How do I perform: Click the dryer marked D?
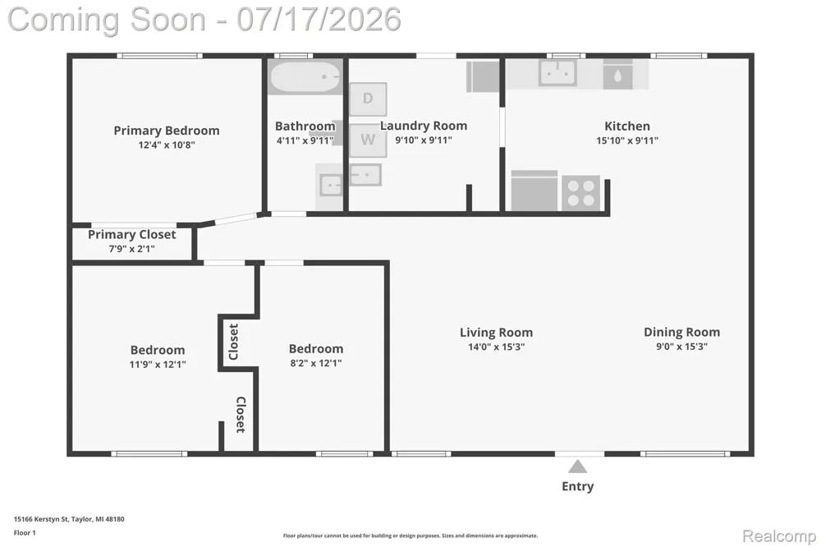coord(368,99)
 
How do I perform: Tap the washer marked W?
coord(368,140)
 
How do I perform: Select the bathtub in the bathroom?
coord(305,77)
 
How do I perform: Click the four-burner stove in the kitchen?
coord(581,193)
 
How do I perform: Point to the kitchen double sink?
coord(557,72)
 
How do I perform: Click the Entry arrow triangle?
coord(577,467)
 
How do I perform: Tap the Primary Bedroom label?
coord(167,131)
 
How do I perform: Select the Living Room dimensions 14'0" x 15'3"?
coord(497,347)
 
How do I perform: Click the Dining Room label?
coord(681,332)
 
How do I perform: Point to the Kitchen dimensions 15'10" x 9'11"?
coord(627,140)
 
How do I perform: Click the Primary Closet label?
coord(132,234)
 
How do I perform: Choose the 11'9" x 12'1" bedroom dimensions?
coord(158,364)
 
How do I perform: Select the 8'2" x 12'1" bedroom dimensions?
coord(316,363)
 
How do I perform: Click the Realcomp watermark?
coord(779,536)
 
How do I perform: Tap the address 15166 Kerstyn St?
coord(41,519)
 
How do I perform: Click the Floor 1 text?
coord(25,533)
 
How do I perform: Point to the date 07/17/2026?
coord(319,20)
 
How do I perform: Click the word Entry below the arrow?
coord(577,486)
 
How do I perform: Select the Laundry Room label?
coord(424,126)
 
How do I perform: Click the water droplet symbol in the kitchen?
coord(618,76)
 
